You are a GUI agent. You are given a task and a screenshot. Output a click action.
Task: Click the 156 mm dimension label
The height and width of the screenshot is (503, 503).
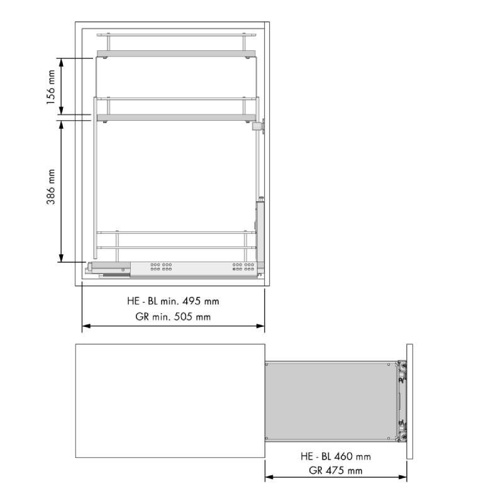click(51, 87)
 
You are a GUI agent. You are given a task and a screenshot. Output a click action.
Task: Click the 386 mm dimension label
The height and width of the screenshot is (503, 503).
click(51, 187)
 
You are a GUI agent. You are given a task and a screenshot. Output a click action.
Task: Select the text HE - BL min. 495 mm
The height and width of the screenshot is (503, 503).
click(174, 301)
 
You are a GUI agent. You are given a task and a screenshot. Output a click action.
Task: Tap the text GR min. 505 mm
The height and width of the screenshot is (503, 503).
click(174, 317)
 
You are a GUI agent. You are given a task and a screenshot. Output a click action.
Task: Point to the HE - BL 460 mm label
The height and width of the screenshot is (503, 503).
click(336, 456)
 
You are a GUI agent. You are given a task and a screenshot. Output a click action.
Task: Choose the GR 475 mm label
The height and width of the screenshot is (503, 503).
click(336, 470)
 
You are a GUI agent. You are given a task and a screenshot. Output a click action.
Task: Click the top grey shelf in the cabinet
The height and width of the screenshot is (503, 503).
click(177, 53)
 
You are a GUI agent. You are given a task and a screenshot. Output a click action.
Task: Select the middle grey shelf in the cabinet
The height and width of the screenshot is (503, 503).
click(177, 117)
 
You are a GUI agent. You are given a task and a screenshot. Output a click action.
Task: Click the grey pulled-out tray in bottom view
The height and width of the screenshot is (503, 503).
click(331, 401)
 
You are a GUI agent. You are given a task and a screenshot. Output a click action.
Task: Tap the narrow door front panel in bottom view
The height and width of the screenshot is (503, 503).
click(410, 401)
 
